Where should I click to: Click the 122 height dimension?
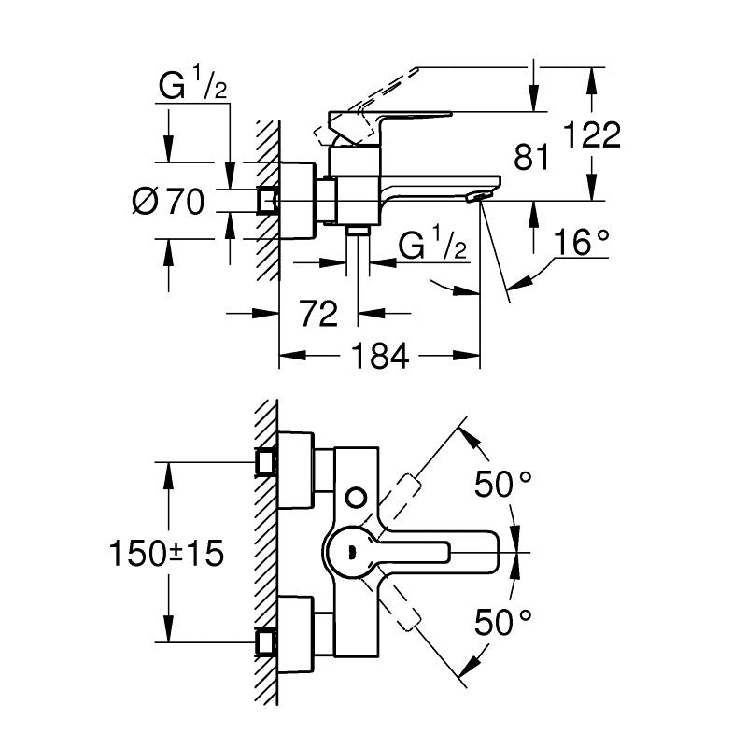592,135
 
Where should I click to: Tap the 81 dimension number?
531,157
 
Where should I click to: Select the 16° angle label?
582,243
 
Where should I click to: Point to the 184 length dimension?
380,356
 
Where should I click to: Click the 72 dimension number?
319,314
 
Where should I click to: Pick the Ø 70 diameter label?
168,201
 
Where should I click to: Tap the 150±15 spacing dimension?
166,554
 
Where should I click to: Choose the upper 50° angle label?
503,484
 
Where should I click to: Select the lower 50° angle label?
503,622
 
